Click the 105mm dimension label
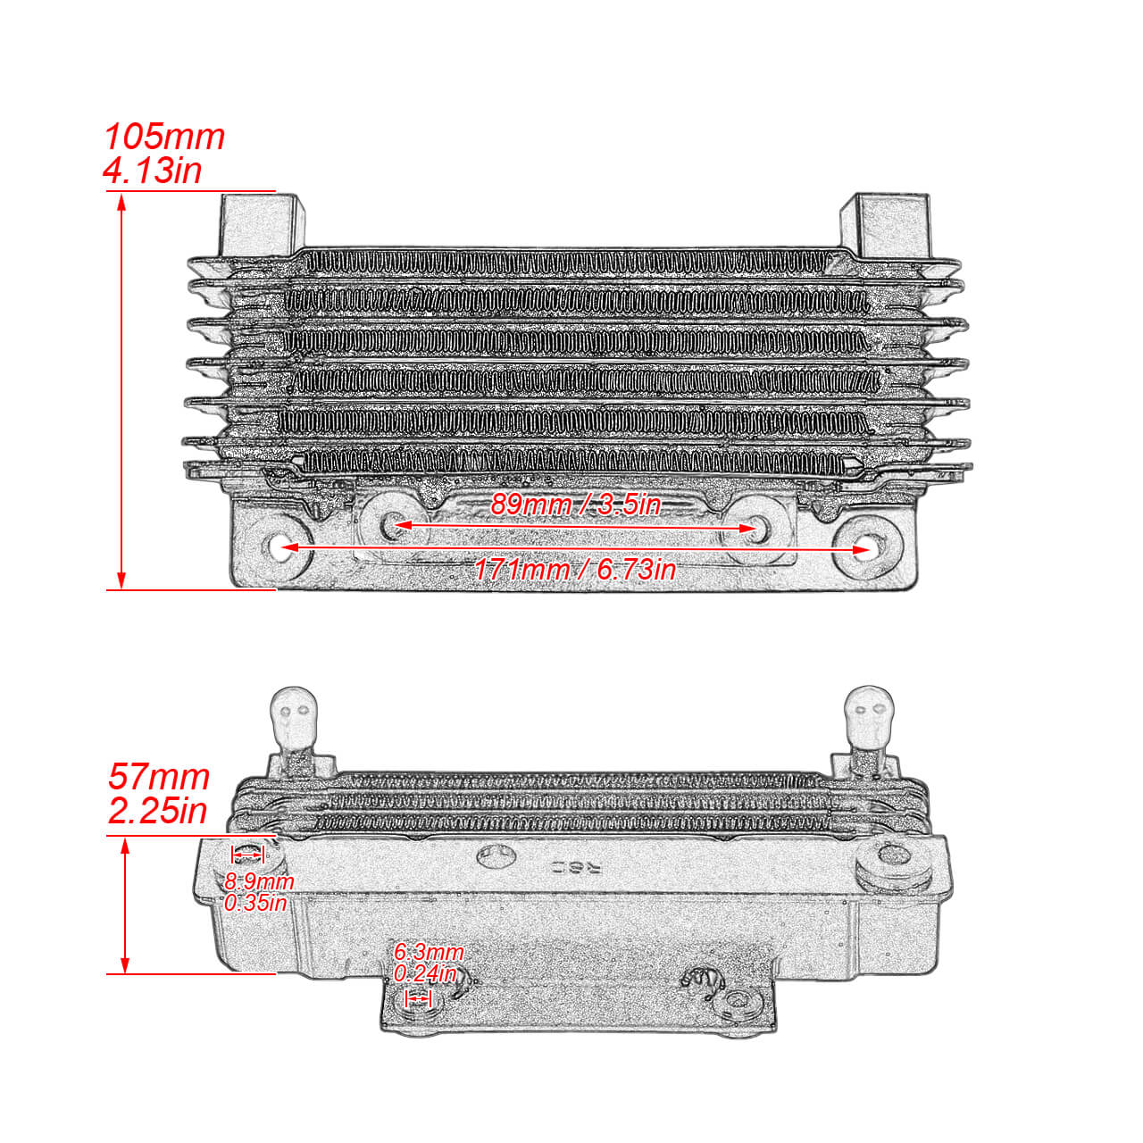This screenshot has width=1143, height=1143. point(164,137)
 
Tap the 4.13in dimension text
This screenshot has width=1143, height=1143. point(153,170)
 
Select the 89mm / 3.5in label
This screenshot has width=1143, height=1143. point(576,505)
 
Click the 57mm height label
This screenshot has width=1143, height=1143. point(159,776)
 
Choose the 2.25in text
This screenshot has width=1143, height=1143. point(158,811)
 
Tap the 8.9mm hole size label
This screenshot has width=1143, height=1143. point(259,881)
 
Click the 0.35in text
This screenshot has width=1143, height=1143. point(255,903)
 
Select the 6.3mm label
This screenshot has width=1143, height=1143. point(429,952)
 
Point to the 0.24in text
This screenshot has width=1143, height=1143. point(425,973)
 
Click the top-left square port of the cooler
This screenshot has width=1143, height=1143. point(259,224)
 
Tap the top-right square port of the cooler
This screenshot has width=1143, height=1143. point(884,224)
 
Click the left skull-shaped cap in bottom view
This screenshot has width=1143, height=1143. point(294,718)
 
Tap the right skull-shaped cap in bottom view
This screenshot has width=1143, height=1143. point(869,718)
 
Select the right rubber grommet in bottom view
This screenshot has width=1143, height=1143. point(892,863)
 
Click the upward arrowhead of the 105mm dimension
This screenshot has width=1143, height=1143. point(122,201)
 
